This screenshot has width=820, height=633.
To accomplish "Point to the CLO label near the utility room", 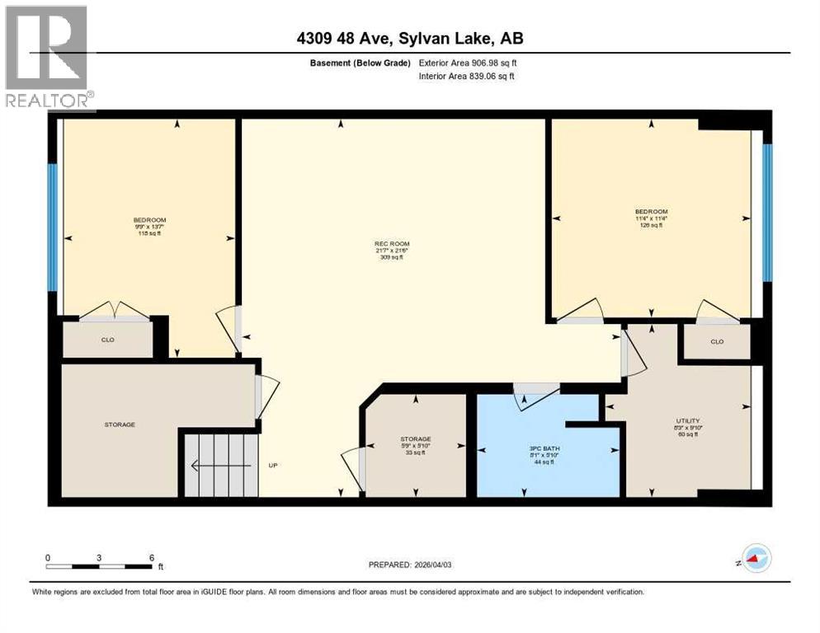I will click(716, 342).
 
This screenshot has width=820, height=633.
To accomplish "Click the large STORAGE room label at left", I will click(120, 424).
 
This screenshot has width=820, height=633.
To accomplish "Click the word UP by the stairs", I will click(273, 466).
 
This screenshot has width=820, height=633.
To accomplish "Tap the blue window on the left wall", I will click(52, 227).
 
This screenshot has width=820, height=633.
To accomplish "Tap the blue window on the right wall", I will click(767, 213).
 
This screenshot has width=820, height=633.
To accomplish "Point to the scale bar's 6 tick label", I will click(151, 558).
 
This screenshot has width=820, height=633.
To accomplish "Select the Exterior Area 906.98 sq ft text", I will click(468, 63).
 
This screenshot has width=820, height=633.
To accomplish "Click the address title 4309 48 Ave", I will click(409, 38).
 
